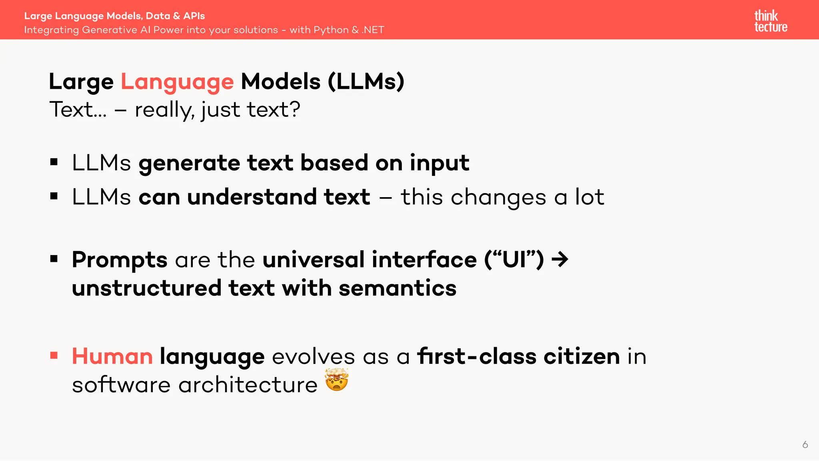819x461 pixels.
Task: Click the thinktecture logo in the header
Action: [x=771, y=21]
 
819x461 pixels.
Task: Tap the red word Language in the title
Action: [x=177, y=82]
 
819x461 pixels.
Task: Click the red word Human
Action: [x=112, y=356]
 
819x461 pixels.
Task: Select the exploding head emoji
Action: [x=337, y=379]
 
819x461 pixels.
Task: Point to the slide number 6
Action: [x=805, y=445]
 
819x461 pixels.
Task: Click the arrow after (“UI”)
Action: [x=560, y=260]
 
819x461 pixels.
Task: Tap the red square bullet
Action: [x=54, y=355]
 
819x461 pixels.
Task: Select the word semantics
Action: [x=398, y=288]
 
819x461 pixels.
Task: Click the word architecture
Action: [x=248, y=385]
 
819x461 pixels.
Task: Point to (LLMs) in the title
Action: [x=366, y=82]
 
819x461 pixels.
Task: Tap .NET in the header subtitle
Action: [x=373, y=30]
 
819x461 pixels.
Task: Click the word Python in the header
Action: [x=331, y=30]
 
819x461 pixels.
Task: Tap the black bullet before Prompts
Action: [x=54, y=259]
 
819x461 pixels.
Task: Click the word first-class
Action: [x=476, y=356]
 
